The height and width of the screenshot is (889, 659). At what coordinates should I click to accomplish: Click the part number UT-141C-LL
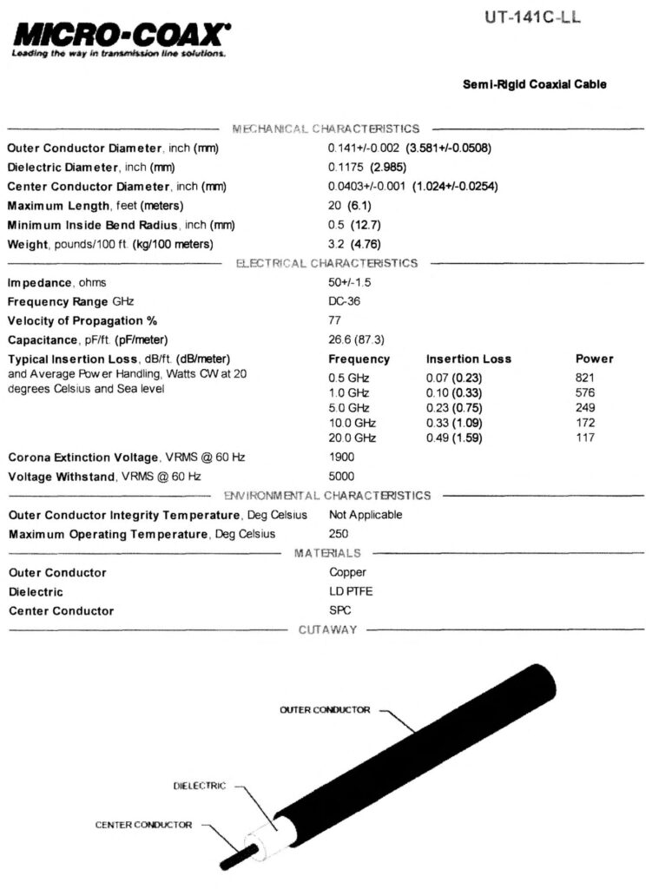(x=530, y=16)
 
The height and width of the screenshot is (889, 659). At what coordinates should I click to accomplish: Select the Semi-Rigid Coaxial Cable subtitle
(x=535, y=84)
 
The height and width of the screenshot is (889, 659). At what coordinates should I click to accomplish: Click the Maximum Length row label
(x=96, y=206)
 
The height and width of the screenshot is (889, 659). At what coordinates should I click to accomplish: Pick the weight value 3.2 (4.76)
(x=354, y=244)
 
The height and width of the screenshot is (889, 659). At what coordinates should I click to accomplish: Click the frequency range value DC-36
(x=345, y=302)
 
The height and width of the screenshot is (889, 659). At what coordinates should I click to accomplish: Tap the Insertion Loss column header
(x=468, y=359)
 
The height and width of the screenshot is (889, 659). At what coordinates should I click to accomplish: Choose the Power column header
(x=594, y=359)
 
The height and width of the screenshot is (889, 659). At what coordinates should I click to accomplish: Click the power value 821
(x=585, y=379)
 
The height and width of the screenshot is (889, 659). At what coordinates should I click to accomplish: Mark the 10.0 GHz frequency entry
(x=352, y=423)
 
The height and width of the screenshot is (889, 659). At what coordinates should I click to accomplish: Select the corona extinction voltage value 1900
(x=342, y=458)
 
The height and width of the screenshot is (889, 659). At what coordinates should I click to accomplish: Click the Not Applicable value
(x=366, y=515)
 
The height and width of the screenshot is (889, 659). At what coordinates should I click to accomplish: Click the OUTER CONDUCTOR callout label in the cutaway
(x=325, y=710)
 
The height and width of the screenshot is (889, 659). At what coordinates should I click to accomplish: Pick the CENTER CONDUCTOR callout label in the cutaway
(x=143, y=825)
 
